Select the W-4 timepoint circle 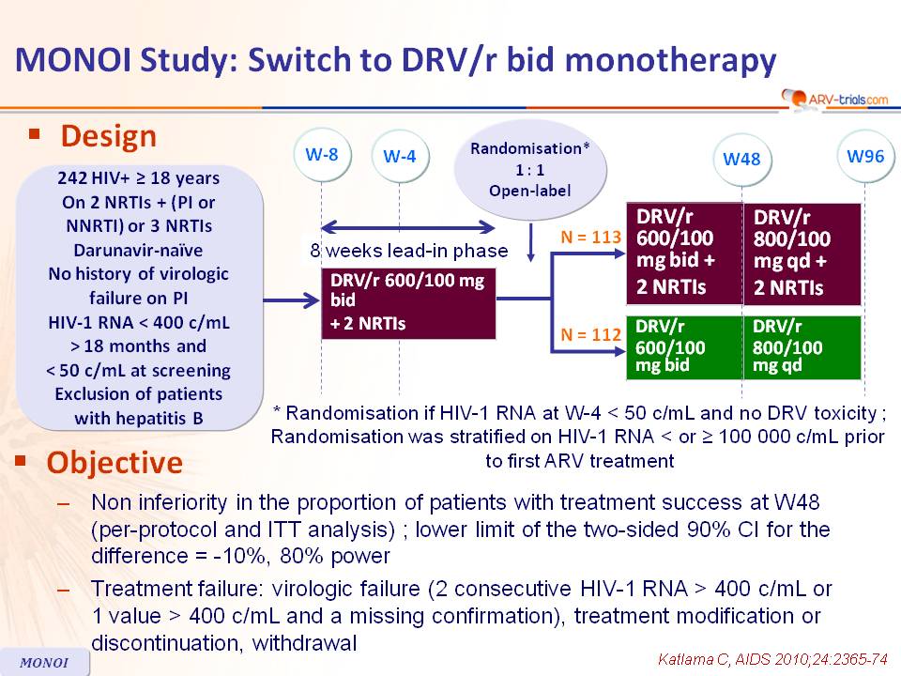pyautogui.click(x=400, y=156)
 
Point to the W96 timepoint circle pyautogui.click(x=864, y=155)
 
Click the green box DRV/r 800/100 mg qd pyautogui.click(x=802, y=346)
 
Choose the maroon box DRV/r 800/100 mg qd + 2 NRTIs pyautogui.click(x=802, y=253)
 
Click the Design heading pyautogui.click(x=108, y=137)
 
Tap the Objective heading pyautogui.click(x=115, y=463)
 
